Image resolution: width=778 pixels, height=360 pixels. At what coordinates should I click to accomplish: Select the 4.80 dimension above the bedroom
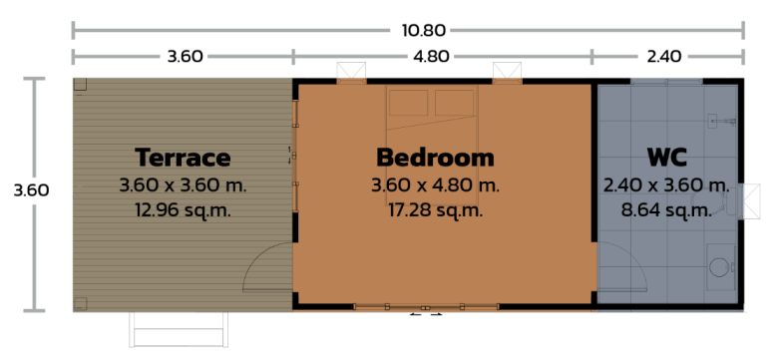431,57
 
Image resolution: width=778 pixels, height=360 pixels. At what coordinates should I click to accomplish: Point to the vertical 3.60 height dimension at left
32,189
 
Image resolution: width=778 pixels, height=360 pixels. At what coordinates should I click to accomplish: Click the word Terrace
183,158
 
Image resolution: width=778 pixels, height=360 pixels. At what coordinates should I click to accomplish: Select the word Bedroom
435,158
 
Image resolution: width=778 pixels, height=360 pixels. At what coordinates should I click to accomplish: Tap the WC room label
665,158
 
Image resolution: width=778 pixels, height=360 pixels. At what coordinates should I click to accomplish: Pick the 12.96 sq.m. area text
183,210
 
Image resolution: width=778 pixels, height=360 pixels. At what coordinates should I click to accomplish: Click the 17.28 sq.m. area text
435,210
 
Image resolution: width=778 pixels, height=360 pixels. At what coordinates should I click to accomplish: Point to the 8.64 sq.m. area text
665,210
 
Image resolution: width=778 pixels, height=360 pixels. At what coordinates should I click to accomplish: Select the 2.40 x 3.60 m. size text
665,185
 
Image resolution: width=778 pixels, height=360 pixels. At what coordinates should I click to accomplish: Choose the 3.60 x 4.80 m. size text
435,185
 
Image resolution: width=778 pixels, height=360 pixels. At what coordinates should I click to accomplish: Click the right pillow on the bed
455,103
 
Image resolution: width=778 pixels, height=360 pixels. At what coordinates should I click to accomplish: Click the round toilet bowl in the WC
718,266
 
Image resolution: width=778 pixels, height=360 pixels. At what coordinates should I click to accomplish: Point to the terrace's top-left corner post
80,86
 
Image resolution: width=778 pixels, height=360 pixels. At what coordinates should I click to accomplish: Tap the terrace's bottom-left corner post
80,303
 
